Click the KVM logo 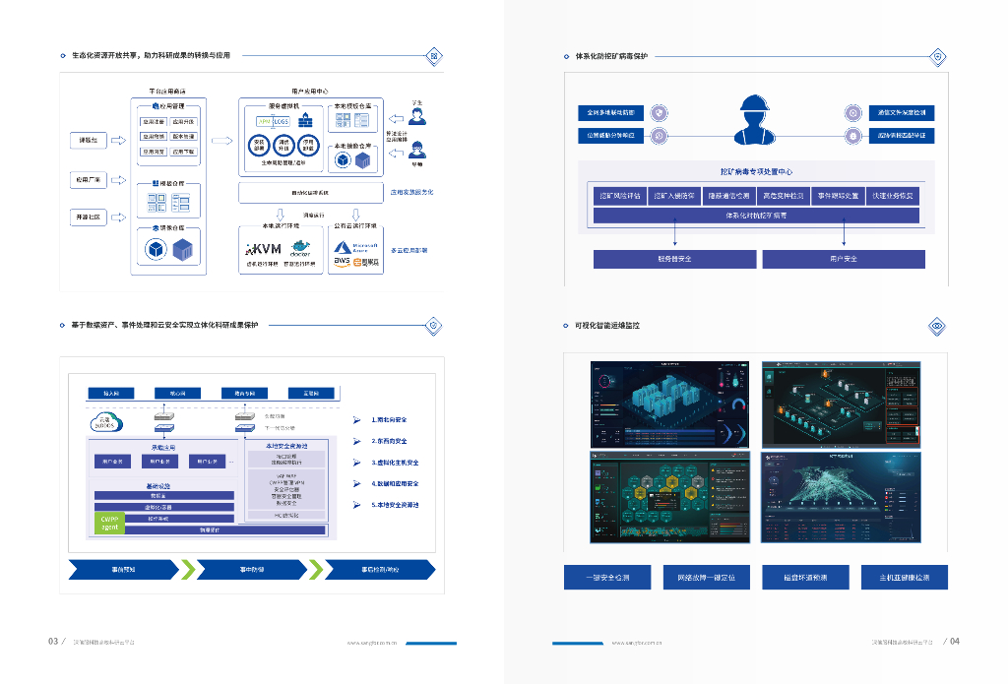(x=263, y=250)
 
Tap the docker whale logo (x=300, y=247)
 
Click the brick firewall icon (x=304, y=121)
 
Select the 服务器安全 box (x=674, y=259)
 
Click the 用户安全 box (x=844, y=259)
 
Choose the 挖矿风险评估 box (x=620, y=195)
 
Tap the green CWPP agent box (x=109, y=523)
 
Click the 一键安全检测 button (x=606, y=578)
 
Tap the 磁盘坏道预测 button (x=805, y=578)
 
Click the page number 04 (x=954, y=642)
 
